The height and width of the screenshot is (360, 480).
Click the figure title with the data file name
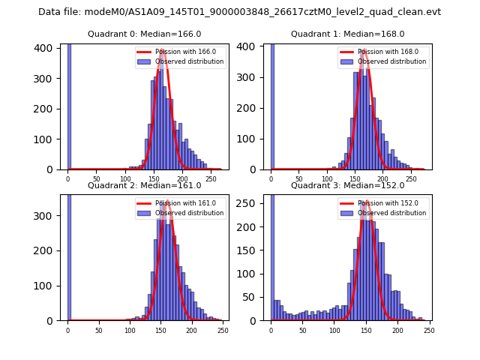tap(239, 12)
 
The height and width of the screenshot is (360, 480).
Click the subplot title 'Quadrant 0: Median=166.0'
tap(145, 34)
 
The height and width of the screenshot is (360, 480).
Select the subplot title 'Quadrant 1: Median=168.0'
tap(348, 34)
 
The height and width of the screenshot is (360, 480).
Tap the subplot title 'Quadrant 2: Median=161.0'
tap(145, 185)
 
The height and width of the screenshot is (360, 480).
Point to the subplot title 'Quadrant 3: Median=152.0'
tap(348, 185)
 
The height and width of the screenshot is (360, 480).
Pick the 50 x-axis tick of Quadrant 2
tap(99, 331)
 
